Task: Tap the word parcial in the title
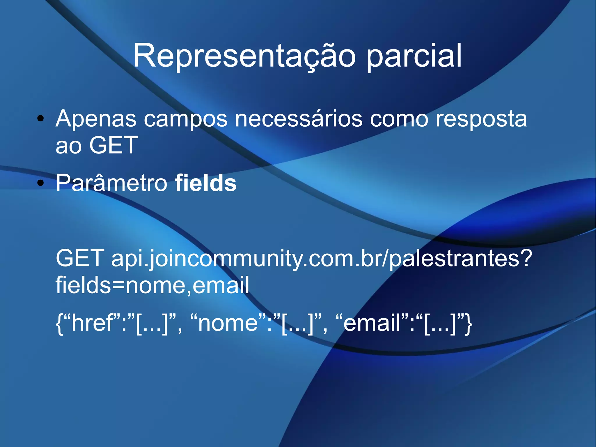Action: pyautogui.click(x=414, y=56)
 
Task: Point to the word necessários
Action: pyautogui.click(x=299, y=119)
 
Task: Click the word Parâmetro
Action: pyautogui.click(x=112, y=183)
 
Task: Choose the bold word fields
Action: pyautogui.click(x=205, y=183)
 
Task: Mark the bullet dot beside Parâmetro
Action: pyautogui.click(x=41, y=183)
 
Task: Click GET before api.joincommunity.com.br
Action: pyautogui.click(x=80, y=258)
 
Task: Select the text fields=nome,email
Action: pyautogui.click(x=152, y=285)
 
